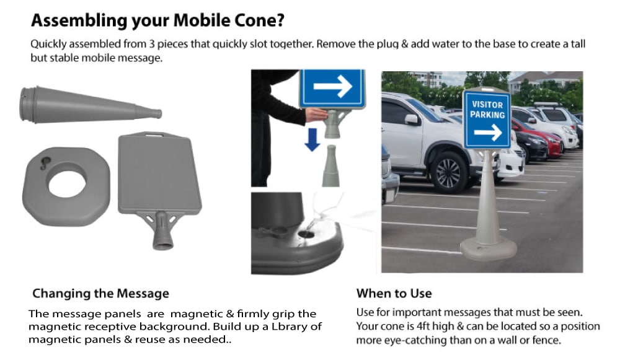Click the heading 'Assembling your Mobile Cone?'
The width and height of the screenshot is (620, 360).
coord(158,21)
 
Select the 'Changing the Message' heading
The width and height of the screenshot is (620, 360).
coord(100,293)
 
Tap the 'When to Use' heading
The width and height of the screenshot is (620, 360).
coord(394,293)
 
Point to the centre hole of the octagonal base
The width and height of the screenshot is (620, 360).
coord(66,184)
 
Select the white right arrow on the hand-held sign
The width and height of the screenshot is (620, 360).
coord(333,87)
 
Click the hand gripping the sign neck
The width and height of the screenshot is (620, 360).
coord(317,115)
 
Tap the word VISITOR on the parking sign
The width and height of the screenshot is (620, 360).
coord(487,105)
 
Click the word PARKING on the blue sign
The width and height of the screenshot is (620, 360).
coord(487,115)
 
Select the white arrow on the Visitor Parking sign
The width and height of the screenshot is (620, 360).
coord(488,132)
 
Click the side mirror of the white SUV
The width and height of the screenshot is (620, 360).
coord(412,119)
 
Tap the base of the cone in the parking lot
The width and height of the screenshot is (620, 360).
coord(488,247)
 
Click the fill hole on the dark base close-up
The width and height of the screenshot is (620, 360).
coord(306,234)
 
